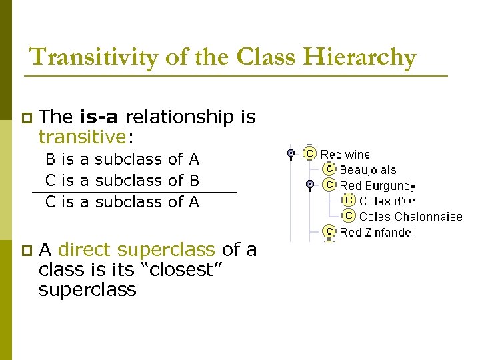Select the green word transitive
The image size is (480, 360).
click(82, 137)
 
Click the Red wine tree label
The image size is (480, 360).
click(345, 154)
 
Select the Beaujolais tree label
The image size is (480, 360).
click(367, 170)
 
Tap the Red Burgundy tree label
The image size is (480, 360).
click(377, 185)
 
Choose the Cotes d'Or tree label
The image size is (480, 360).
click(387, 201)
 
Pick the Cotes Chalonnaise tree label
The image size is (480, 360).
click(410, 216)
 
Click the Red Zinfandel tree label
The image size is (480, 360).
click(377, 232)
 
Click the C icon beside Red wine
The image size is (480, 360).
click(309, 153)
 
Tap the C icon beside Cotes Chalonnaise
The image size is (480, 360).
click(349, 216)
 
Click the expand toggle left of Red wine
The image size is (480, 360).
click(291, 153)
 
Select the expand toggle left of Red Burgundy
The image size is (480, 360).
click(309, 185)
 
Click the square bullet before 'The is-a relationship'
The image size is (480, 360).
click(26, 118)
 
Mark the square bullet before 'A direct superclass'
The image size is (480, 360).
click(26, 251)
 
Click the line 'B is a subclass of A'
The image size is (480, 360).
click(122, 159)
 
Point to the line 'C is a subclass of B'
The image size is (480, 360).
click(122, 180)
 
